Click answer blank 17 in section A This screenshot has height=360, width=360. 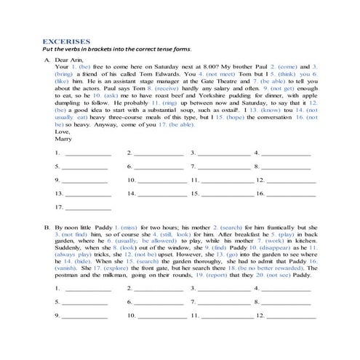pyautogui.click(x=88, y=208)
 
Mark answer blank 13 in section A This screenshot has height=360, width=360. pyautogui.click(x=88, y=195)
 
